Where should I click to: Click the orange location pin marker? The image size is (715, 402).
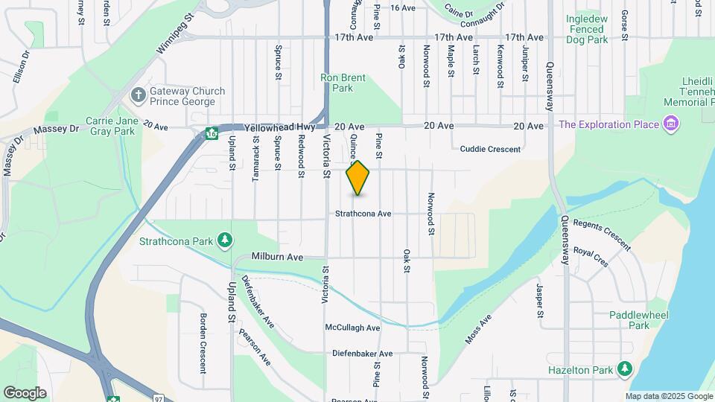(x=358, y=177)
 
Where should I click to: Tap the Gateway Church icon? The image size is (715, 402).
(x=138, y=95)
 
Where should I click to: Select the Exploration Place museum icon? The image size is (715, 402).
(x=671, y=124)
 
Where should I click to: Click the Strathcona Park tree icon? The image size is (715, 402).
(x=224, y=240)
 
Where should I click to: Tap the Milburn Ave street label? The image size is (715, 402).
(x=277, y=257)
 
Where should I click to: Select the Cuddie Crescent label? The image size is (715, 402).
(x=490, y=149)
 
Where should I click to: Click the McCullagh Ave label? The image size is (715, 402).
(x=352, y=328)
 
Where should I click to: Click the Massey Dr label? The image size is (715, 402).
(x=56, y=129)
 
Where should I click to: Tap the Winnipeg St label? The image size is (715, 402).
(x=175, y=33)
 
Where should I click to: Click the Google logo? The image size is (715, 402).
(x=25, y=392)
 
